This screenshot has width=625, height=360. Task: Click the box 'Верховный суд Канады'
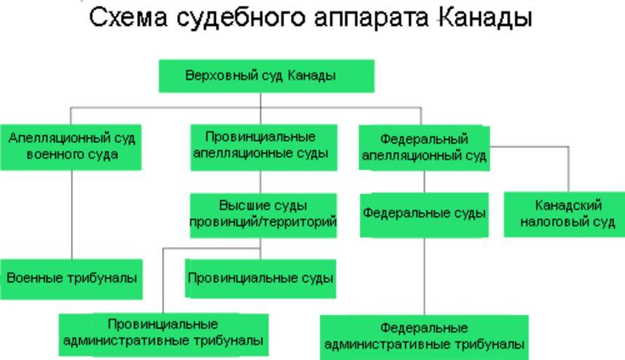(266, 76)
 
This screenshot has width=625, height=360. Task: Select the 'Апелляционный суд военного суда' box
(70, 147)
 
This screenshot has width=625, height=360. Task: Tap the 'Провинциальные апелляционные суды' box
(260, 146)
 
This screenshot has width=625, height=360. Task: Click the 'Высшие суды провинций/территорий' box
(263, 214)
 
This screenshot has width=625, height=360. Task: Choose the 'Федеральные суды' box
(424, 214)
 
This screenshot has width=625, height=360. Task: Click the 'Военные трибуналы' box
(70, 278)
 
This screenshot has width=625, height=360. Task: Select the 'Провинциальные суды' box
(260, 278)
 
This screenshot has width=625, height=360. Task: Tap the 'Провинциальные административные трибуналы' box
(163, 333)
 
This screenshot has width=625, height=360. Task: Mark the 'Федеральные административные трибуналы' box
(424, 336)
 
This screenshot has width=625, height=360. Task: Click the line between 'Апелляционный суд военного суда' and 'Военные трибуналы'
(71, 214)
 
